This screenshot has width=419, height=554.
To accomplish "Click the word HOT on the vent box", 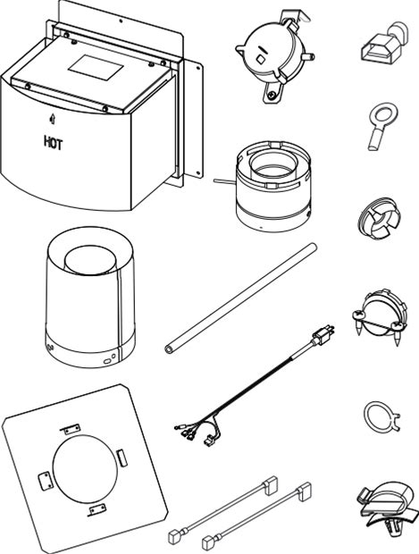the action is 54,143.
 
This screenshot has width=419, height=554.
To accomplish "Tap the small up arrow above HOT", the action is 53,119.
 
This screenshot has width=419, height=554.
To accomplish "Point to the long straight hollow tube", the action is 241,298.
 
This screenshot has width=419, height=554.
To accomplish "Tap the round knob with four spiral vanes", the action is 379,217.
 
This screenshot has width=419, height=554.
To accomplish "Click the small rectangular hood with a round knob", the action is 385,43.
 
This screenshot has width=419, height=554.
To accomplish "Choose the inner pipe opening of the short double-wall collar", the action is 272,165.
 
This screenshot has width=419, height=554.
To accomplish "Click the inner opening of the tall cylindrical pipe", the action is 90,260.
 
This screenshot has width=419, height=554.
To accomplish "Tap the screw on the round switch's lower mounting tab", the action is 271,95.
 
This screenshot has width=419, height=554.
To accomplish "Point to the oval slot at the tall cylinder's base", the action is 107,361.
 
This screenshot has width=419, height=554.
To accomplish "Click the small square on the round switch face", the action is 260,59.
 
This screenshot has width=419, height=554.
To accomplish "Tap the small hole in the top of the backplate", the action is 121,21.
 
